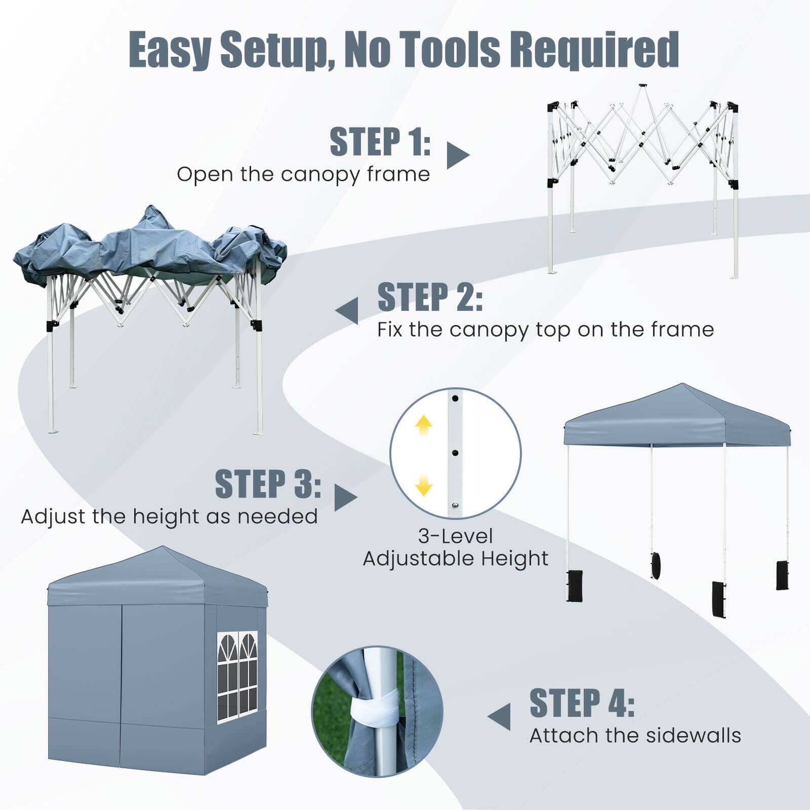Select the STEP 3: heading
pyautogui.click(x=268, y=484)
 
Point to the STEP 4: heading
pyautogui.click(x=582, y=703)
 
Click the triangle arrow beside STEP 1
pyautogui.click(x=457, y=155)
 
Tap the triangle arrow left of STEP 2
pyautogui.click(x=348, y=310)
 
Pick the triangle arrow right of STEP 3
pyautogui.click(x=345, y=498)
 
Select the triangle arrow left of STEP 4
pyautogui.click(x=500, y=716)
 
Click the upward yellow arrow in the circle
pyautogui.click(x=423, y=426)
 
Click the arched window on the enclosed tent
pyautogui.click(x=237, y=674)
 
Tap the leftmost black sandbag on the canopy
pyautogui.click(x=575, y=586)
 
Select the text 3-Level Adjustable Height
pyautogui.click(x=456, y=547)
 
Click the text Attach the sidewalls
pyautogui.click(x=635, y=735)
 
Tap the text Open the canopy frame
pyautogui.click(x=303, y=174)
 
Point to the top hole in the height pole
pyautogui.click(x=455, y=398)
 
